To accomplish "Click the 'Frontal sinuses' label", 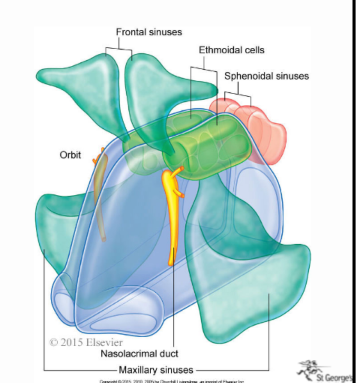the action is pos(149,32).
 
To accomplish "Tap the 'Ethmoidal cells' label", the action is pos(231,50).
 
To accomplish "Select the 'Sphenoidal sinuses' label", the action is pos(267,76).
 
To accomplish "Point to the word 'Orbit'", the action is pos(70,155).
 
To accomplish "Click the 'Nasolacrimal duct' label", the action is pos(139,353).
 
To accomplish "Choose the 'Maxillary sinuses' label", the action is pos(156,370).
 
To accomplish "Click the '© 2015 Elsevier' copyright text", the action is pos(86,342).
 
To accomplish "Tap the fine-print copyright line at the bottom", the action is pos(172,382).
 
